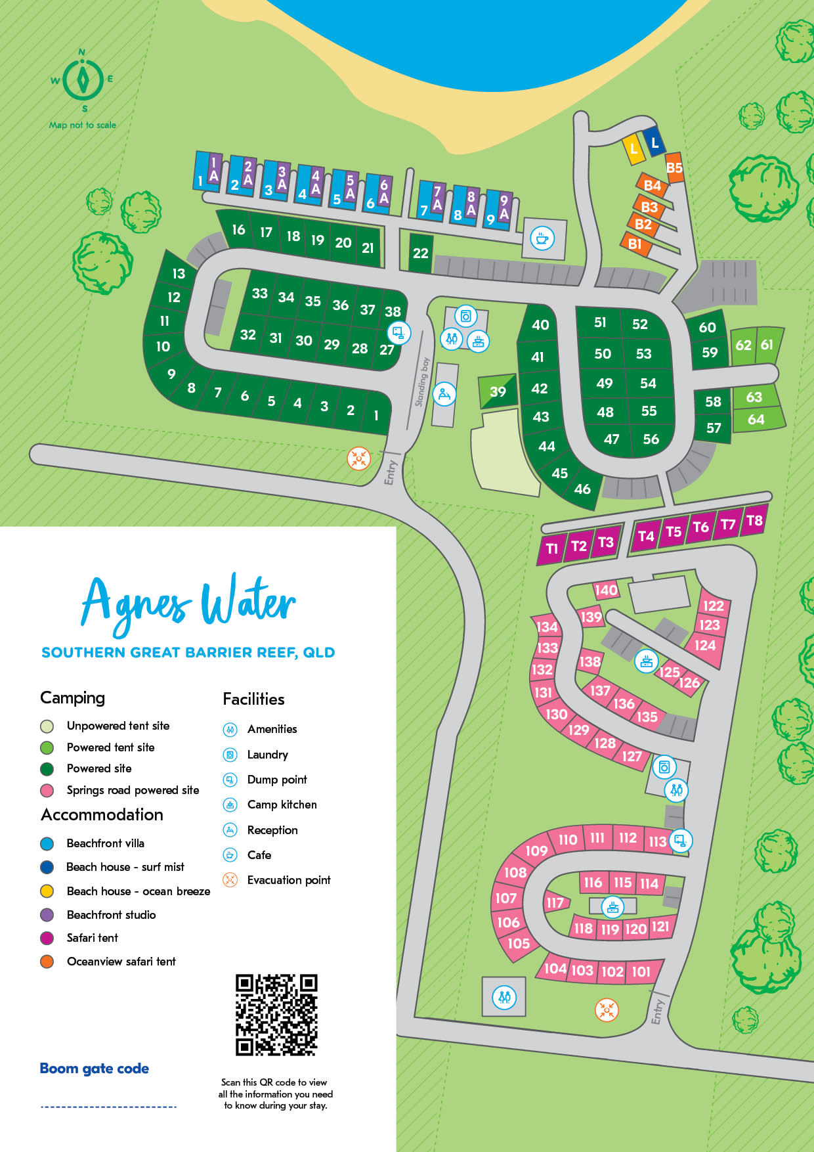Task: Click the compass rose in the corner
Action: point(83,79)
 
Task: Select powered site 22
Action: point(421,253)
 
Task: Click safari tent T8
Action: point(754,521)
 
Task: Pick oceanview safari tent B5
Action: point(674,168)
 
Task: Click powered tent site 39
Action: point(498,391)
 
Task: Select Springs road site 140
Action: point(606,590)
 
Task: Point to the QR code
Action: point(276,1015)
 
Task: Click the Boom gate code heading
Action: point(95,1069)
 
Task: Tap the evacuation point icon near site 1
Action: point(358,458)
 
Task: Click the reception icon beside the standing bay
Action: point(444,394)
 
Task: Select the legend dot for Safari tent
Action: point(47,938)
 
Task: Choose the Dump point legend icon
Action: point(230,780)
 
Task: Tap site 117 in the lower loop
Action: point(555,902)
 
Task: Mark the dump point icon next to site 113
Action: point(681,840)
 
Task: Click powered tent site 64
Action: point(756,419)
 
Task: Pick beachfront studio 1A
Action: point(213,171)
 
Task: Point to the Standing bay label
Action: point(422,382)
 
